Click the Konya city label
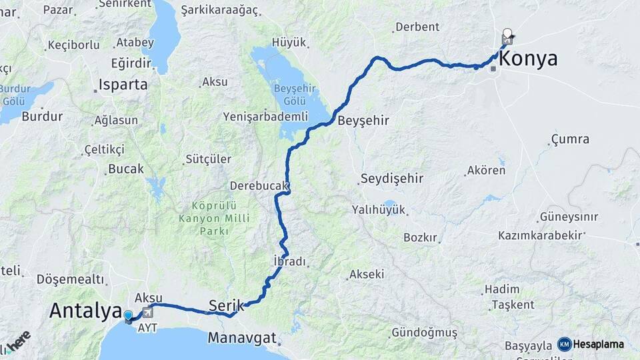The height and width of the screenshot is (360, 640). click(528, 59)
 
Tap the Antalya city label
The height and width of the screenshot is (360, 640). click(85, 311)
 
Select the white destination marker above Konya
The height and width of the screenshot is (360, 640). click(507, 33)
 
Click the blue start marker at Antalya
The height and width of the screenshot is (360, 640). click(128, 315)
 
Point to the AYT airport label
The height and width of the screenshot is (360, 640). click(147, 329)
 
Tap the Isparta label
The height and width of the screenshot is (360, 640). click(123, 85)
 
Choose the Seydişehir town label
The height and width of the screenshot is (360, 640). click(391, 179)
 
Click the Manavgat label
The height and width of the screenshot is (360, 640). click(241, 337)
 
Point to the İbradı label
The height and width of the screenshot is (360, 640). click(289, 261)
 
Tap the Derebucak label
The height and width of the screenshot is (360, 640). click(259, 185)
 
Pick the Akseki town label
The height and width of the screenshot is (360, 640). click(366, 274)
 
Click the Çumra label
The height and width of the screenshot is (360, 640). click(570, 139)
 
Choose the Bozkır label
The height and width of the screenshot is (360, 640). click(420, 237)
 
